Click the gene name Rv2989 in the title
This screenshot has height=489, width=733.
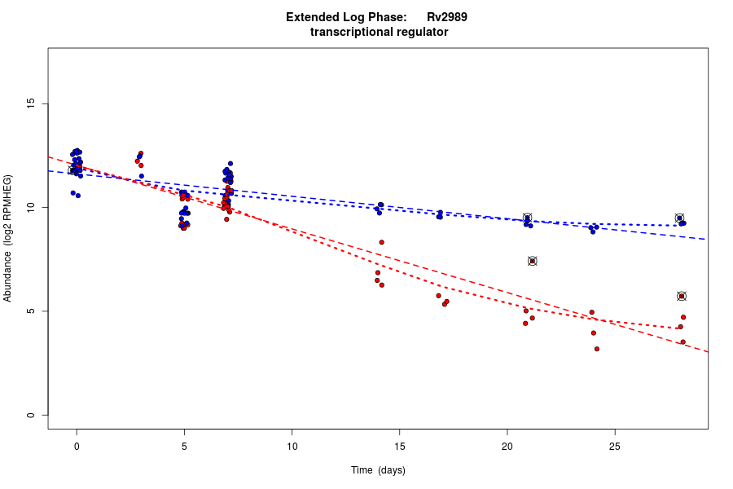point(446,17)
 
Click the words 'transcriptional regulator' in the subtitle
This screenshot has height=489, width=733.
point(379,32)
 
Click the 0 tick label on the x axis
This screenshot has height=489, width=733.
point(77,445)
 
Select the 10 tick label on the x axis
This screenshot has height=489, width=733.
point(292,445)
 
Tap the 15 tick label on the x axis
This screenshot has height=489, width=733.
point(399,445)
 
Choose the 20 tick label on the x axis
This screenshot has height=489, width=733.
point(507,445)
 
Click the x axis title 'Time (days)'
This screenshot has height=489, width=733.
point(378,470)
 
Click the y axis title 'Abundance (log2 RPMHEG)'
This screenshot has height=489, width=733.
point(8,238)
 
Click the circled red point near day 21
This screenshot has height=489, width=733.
point(532,261)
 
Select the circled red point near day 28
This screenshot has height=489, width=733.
point(682,296)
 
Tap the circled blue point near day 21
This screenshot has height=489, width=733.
point(527,218)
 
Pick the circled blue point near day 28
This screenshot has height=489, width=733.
point(679,218)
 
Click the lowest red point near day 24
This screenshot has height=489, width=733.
point(597,349)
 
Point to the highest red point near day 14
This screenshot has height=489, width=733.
point(381,242)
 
